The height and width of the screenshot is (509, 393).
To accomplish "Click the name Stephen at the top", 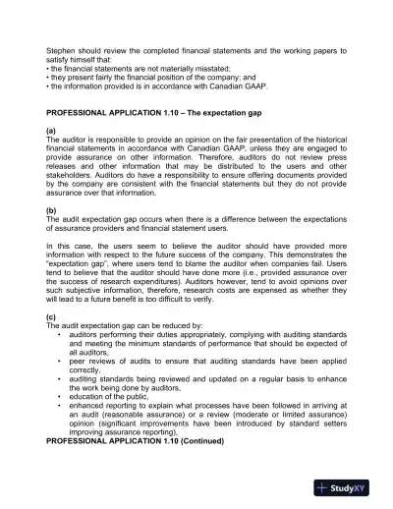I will click(62, 48).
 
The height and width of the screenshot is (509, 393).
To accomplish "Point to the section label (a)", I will click(52, 132).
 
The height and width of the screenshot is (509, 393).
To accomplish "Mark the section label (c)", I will click(52, 319).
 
